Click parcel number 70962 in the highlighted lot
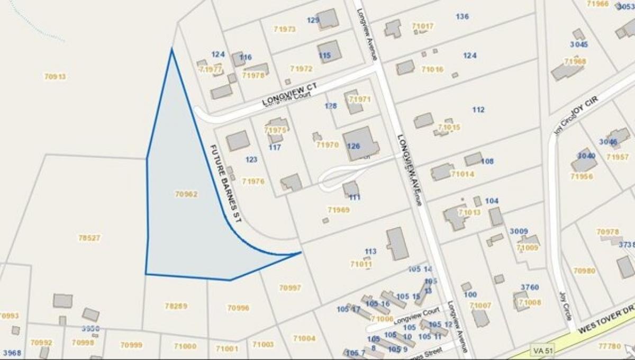[x=186, y=194]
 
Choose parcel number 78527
[x=89, y=238]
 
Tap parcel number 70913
[x=55, y=77]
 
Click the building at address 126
[x=361, y=143]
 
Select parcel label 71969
[x=339, y=210]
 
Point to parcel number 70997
[x=290, y=288]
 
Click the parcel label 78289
[x=176, y=306]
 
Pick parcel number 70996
[x=238, y=308]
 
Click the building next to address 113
[x=397, y=244]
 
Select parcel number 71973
[x=285, y=30]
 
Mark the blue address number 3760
[x=529, y=287]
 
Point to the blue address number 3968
[x=12, y=353]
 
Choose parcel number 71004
[x=304, y=338]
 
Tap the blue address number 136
[x=462, y=16]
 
